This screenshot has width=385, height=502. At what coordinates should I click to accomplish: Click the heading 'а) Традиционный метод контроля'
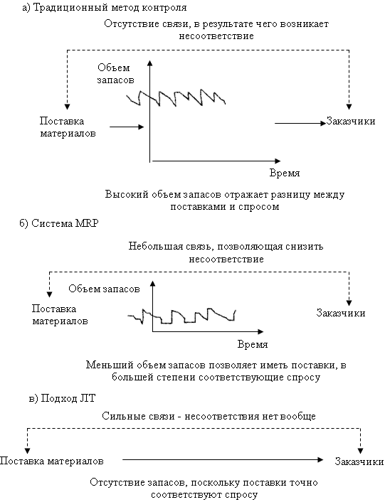[104, 7]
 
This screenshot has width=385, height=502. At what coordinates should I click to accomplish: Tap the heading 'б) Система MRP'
[58, 223]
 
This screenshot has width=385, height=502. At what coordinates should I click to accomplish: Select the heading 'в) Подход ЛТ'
[62, 399]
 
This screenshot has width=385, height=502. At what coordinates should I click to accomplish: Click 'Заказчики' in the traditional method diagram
[351, 121]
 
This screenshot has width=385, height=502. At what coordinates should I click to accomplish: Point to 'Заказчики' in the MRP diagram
[341, 313]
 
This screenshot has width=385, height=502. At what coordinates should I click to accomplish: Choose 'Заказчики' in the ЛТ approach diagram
[359, 461]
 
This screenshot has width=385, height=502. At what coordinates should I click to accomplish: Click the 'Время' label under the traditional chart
[285, 173]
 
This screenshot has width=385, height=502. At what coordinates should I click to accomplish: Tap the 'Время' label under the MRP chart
[253, 344]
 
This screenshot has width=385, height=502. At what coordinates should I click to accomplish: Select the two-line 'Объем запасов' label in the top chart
[115, 74]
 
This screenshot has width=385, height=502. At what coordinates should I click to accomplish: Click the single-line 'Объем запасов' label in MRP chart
[104, 289]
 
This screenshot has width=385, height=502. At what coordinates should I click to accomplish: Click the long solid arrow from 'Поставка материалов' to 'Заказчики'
[223, 460]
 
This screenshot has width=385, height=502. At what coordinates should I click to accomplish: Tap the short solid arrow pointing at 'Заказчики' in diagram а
[300, 123]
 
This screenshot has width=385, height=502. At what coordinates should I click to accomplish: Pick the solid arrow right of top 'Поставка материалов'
[127, 127]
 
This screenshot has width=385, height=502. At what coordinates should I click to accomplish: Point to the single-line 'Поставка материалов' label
[52, 461]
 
